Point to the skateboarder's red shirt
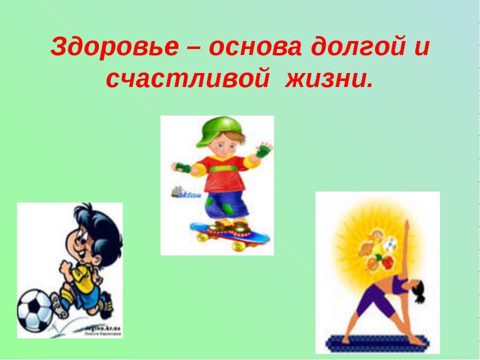click(x=222, y=172)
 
